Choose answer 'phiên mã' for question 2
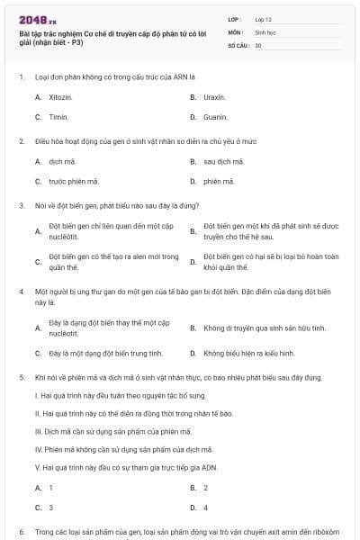coord(218,182)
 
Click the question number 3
coord(21,205)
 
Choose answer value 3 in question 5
coord(50,508)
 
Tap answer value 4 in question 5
coord(206,508)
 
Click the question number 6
coord(21,532)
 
